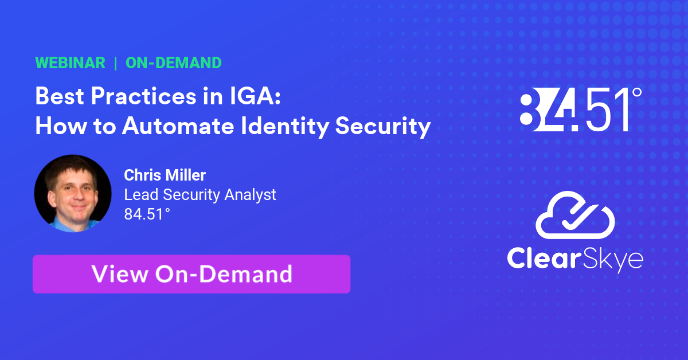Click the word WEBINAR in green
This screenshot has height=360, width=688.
(70, 63)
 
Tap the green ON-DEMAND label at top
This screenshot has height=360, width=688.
(173, 63)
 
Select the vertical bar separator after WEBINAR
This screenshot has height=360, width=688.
(116, 63)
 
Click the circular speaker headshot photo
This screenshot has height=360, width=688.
(72, 193)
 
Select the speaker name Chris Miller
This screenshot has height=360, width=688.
(165, 175)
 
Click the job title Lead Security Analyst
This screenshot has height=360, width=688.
(200, 195)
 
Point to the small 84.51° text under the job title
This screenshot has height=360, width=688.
(147, 214)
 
